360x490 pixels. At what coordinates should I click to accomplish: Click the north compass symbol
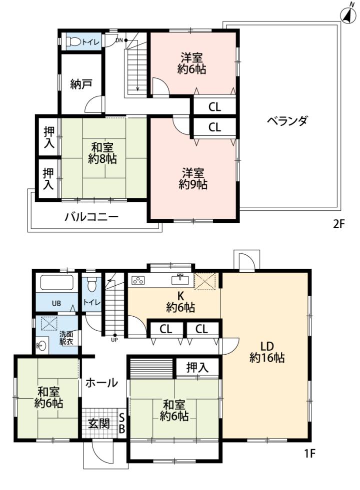click(x=348, y=13)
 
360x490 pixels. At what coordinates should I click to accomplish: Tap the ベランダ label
click(x=287, y=120)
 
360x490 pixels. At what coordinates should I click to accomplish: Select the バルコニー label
click(x=91, y=216)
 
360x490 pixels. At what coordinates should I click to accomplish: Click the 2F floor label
click(x=338, y=224)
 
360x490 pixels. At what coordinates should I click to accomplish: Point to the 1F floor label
click(x=309, y=453)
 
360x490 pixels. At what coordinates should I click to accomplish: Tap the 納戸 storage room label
click(x=81, y=84)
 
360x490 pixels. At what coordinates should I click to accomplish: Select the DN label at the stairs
click(x=119, y=40)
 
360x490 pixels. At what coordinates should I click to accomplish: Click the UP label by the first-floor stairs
click(x=114, y=340)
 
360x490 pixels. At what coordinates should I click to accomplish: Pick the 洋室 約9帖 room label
click(x=193, y=178)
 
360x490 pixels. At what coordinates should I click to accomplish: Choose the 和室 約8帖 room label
click(x=102, y=153)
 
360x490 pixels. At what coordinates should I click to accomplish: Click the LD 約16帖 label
click(x=267, y=352)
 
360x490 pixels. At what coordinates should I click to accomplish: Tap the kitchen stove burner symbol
click(x=138, y=280)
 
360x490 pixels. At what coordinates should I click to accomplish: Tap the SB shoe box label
click(x=122, y=423)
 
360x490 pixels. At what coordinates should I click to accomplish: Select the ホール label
click(x=101, y=382)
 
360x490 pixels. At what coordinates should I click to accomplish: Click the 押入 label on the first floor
click(x=197, y=368)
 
